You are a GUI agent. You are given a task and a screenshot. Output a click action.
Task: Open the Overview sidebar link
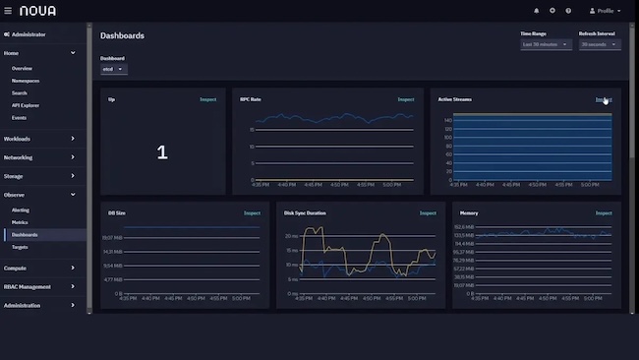pyautogui.click(x=22, y=68)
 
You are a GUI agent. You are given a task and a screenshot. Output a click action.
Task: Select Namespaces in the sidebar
pyautogui.click(x=26, y=81)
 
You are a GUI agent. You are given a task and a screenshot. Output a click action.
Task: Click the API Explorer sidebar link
pyautogui.click(x=25, y=105)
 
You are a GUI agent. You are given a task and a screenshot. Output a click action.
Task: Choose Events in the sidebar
pyautogui.click(x=19, y=117)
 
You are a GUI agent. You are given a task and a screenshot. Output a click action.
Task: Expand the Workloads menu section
pyautogui.click(x=39, y=138)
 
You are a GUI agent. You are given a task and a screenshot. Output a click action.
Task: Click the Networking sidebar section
pyautogui.click(x=39, y=157)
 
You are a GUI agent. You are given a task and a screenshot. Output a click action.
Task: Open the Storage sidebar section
pyautogui.click(x=39, y=176)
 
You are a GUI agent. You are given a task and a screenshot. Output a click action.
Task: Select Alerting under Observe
pyautogui.click(x=21, y=210)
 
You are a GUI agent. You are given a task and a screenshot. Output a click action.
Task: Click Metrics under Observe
pyautogui.click(x=20, y=222)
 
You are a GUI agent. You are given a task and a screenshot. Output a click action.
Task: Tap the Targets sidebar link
pyautogui.click(x=20, y=247)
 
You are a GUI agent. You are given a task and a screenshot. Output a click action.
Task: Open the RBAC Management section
pyautogui.click(x=39, y=287)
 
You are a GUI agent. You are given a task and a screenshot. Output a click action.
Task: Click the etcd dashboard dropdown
pyautogui.click(x=113, y=69)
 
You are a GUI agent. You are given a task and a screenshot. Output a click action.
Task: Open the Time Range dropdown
pyautogui.click(x=546, y=44)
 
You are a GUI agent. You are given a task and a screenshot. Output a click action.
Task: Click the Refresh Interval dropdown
pyautogui.click(x=600, y=44)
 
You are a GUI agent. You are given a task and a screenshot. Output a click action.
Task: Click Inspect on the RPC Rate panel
pyautogui.click(x=406, y=99)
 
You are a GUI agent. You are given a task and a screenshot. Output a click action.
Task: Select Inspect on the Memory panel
pyautogui.click(x=603, y=212)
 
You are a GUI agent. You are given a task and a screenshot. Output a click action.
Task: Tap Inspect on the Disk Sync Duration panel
pyautogui.click(x=428, y=212)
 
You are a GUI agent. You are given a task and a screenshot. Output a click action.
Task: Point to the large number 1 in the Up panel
pyautogui.click(x=162, y=152)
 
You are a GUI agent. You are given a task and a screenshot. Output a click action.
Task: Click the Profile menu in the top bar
pyautogui.click(x=605, y=11)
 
